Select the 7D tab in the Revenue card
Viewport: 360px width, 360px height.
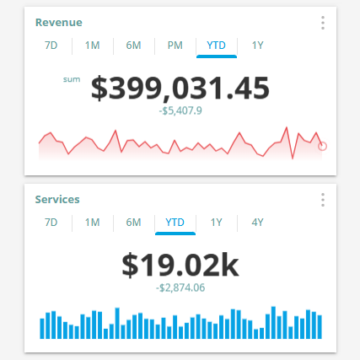tap(51, 46)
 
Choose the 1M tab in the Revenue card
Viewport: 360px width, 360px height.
tap(92, 46)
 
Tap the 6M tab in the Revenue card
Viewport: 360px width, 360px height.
tap(133, 46)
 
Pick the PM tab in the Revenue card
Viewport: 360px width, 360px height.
tap(175, 46)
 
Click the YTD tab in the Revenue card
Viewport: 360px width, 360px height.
tap(216, 46)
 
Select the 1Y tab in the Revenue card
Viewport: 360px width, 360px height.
tap(257, 46)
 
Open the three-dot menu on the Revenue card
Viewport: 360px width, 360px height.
tap(323, 23)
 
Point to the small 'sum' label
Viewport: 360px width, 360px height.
tap(71, 80)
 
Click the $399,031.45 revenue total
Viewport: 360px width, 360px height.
tap(180, 88)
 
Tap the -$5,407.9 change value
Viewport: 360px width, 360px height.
tap(180, 110)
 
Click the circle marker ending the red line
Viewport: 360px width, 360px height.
tap(323, 146)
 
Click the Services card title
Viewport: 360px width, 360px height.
tap(57, 200)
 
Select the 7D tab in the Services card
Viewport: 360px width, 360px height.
tap(51, 223)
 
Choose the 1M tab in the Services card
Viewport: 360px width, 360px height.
tap(92, 223)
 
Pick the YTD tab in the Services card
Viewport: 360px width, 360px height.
tap(175, 223)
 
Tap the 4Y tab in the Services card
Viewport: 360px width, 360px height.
tap(257, 223)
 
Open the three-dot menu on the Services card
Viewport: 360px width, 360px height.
tap(323, 200)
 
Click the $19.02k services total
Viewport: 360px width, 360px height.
tap(180, 265)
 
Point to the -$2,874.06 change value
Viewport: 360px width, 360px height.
tap(180, 287)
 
